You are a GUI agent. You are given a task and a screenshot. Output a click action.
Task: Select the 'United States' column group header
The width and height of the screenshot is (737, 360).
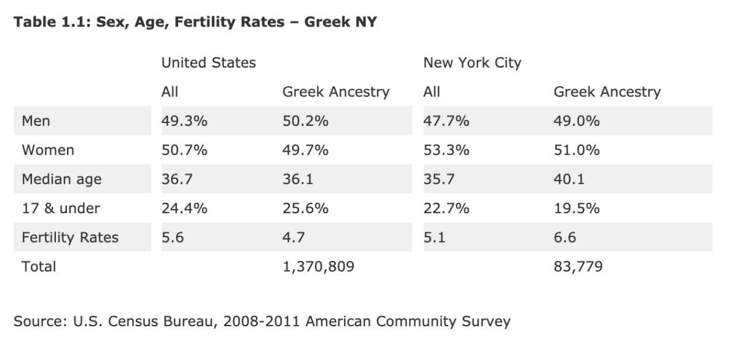tap(208, 63)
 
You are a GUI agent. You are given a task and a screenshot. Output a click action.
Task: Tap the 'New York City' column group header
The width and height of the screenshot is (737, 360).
tap(472, 63)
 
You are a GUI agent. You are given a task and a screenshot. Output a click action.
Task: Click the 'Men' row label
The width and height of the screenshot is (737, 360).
tap(36, 121)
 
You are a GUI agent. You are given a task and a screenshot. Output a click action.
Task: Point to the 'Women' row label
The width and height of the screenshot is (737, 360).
tap(47, 151)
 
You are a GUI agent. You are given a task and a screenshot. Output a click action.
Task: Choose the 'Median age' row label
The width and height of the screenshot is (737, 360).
tap(61, 179)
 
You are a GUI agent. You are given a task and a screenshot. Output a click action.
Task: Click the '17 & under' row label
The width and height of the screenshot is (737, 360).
tap(60, 208)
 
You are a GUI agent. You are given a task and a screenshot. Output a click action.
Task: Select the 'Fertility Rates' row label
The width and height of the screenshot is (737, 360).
tap(70, 237)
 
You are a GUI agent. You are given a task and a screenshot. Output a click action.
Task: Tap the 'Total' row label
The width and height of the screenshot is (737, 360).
tap(38, 267)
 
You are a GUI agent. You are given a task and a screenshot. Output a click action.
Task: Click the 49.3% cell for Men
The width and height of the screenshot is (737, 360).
tap(184, 121)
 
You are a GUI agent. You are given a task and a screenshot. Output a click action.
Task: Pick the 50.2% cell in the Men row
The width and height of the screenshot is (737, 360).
tap(305, 121)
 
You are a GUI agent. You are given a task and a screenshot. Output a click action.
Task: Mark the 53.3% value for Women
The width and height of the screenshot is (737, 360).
tap(446, 151)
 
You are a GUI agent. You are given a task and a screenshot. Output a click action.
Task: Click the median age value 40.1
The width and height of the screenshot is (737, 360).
tap(569, 179)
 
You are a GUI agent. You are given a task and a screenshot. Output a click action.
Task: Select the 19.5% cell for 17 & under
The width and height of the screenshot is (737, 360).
tap(576, 208)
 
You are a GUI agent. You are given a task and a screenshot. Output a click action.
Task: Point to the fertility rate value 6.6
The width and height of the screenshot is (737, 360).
tap(565, 237)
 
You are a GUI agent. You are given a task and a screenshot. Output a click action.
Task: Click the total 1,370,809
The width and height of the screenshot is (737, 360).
tap(318, 267)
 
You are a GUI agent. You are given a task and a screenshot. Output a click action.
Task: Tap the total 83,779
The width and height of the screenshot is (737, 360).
tap(578, 267)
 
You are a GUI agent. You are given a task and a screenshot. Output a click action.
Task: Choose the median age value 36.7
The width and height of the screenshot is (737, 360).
tap(176, 179)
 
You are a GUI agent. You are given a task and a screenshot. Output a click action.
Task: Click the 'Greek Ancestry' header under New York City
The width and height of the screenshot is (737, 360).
tap(607, 92)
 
